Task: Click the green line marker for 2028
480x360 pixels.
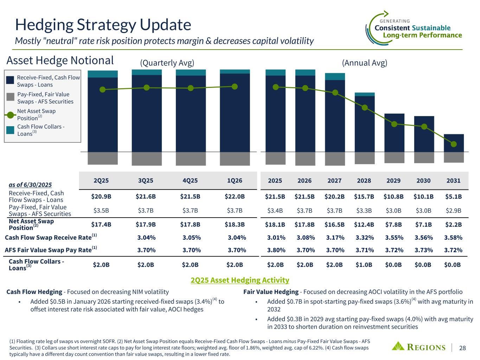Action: [365, 108]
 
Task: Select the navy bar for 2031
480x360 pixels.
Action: [454, 143]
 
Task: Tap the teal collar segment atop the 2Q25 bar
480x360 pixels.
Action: [103, 74]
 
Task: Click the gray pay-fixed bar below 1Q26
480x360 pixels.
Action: [235, 159]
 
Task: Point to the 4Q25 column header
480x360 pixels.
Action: [190, 181]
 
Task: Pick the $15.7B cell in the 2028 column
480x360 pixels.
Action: [364, 196]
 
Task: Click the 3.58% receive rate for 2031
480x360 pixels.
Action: [453, 238]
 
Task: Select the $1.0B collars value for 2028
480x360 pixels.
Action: [364, 265]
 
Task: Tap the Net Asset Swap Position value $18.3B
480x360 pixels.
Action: [235, 224]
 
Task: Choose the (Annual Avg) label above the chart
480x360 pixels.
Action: [365, 63]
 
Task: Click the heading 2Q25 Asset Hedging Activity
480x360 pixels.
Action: [240, 280]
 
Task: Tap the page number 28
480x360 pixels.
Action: [462, 348]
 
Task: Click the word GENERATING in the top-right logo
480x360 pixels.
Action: [395, 21]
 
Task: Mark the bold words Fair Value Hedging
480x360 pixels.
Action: [271, 292]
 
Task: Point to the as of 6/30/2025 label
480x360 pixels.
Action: [30, 185]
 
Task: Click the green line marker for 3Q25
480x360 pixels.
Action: [147, 88]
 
